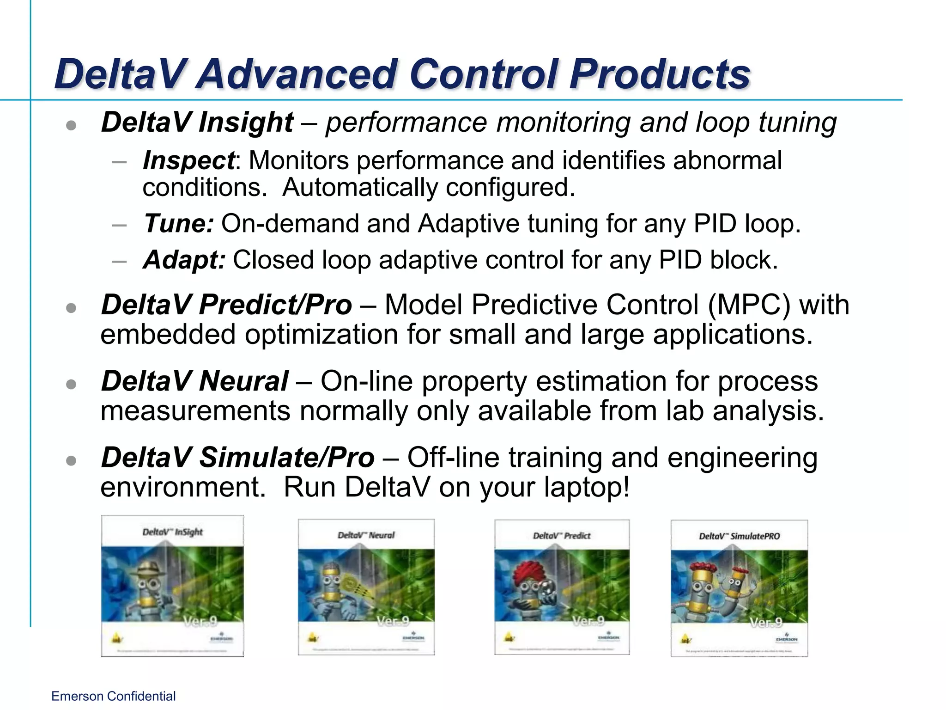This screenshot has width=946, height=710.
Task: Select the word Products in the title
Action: click(660, 74)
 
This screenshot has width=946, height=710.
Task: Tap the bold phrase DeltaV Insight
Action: click(197, 122)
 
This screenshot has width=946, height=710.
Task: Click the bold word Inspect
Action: click(188, 160)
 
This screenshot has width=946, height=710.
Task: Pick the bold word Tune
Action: click(178, 224)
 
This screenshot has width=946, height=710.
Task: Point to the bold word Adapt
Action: click(184, 260)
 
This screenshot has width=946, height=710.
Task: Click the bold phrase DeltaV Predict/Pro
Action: click(226, 305)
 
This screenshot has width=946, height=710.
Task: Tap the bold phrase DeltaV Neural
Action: click(194, 381)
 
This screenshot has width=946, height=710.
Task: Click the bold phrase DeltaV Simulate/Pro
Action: click(237, 458)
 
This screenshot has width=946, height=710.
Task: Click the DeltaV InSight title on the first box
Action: click(172, 532)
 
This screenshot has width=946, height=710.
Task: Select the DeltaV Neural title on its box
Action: click(366, 535)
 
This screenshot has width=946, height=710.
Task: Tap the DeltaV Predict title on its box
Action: click(562, 536)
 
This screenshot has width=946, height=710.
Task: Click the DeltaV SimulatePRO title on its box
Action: click(739, 536)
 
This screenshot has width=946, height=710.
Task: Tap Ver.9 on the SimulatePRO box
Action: click(765, 623)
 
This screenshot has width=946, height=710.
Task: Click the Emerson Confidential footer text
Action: click(113, 696)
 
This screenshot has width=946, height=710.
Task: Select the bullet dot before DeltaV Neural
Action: click(71, 384)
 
